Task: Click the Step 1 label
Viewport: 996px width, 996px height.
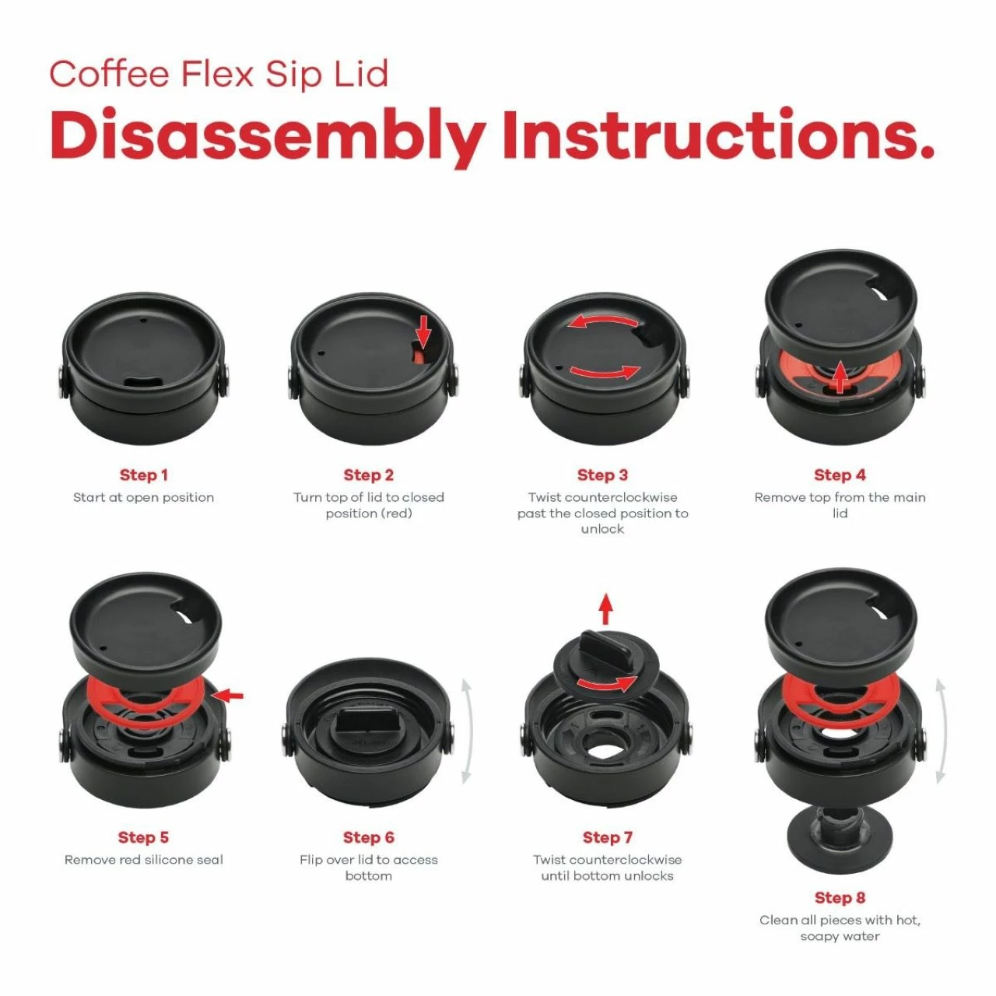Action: pos(143,475)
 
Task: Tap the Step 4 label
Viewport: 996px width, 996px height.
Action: pos(840,475)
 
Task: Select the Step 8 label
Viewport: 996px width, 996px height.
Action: pos(840,898)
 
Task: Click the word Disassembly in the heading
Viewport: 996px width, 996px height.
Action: pos(268,136)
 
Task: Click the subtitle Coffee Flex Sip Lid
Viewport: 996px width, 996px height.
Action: pos(219,75)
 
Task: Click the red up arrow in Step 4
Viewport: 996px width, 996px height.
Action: pos(840,377)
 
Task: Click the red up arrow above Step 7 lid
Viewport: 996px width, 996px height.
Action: pos(606,608)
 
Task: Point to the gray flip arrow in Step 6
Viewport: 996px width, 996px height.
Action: pos(466,731)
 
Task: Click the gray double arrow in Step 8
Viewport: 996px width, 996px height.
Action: pos(940,731)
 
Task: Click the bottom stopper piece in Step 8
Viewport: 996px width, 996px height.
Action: pos(839,840)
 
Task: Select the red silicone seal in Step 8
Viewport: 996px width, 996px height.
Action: pos(839,696)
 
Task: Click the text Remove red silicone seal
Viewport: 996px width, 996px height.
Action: pos(143,860)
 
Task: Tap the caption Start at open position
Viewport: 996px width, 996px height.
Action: pos(143,497)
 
